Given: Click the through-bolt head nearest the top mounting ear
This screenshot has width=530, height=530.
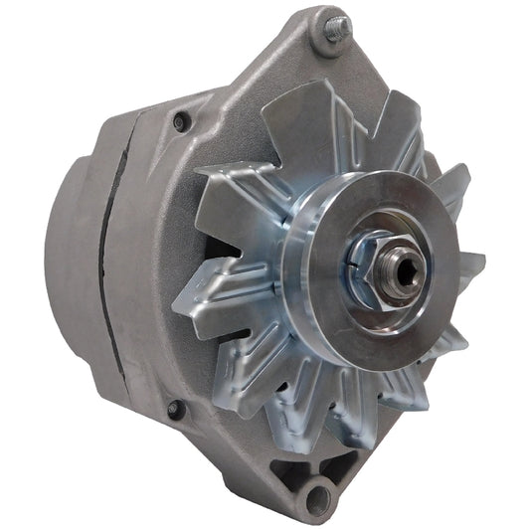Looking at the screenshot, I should coord(180,121).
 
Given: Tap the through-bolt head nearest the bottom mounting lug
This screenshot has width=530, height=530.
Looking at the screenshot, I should coord(175,409).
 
